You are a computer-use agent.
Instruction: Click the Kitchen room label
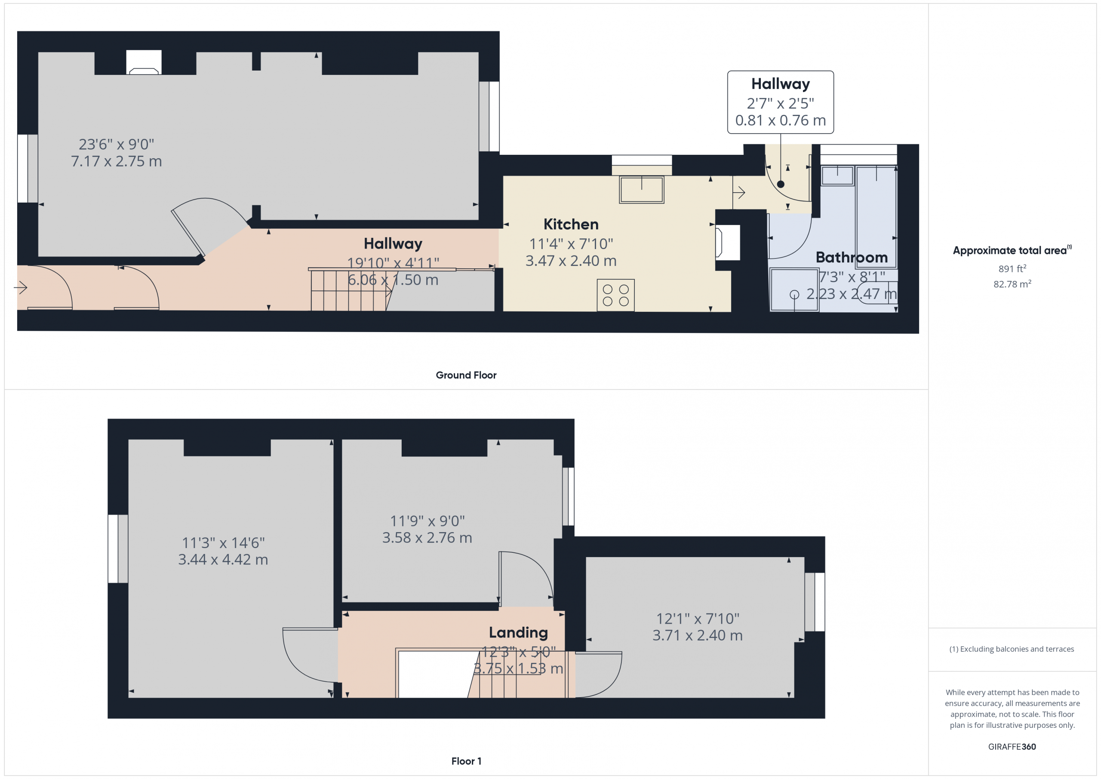pos(571,224)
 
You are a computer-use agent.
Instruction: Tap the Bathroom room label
pos(852,257)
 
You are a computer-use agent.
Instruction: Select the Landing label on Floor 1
pos(518,633)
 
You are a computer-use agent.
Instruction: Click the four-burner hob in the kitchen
pos(616,295)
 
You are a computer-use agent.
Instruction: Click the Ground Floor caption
pos(466,375)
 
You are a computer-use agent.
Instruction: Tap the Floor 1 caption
pos(466,761)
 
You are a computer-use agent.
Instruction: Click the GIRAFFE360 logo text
pos(1012,747)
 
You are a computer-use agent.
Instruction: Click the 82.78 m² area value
pos(1012,284)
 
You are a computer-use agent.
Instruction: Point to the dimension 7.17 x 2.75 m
pos(117,161)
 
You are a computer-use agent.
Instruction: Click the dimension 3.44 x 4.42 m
pos(223,559)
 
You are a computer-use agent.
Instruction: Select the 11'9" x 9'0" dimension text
pos(427,521)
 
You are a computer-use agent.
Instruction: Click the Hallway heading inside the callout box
pos(781,84)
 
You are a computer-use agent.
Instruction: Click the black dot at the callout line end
pos(781,184)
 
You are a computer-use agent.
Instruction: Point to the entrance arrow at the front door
pos(21,288)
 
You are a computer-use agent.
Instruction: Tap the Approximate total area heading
pos(1012,250)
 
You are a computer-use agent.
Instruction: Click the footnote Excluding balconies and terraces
pos(1012,649)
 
